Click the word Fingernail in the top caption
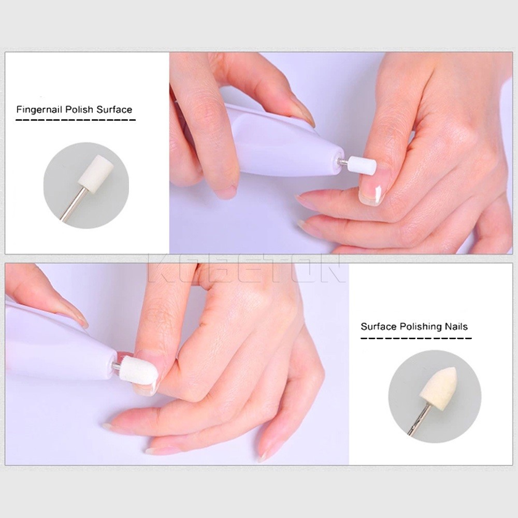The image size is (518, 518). tap(39, 110)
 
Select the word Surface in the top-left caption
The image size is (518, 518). tap(114, 109)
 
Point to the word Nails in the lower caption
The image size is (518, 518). tap(456, 326)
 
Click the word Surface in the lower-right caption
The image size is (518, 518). tap(379, 326)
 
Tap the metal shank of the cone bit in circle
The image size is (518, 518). tap(419, 418)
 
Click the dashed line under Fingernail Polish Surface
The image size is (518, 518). tap(76, 120)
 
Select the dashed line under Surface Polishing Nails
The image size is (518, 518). tap(416, 338)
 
